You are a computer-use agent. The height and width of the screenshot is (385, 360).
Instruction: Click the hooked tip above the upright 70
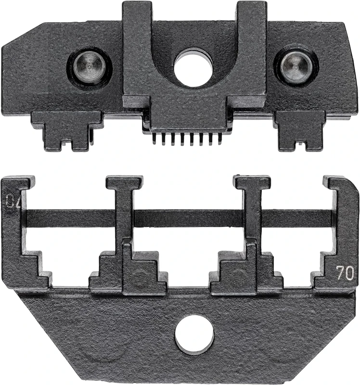[x=339, y=185]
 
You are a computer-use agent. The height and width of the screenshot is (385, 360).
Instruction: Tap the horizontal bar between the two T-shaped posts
[x=188, y=218]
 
